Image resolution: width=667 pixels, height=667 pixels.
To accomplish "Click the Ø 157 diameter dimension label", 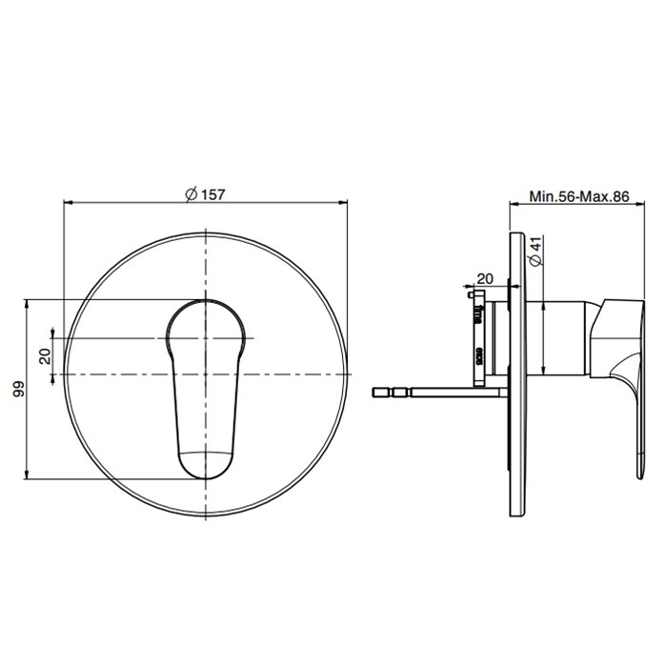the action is (205, 194).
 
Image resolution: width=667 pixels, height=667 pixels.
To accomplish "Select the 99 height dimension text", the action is (19, 389).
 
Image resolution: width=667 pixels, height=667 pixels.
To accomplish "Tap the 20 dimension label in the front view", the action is (45, 355).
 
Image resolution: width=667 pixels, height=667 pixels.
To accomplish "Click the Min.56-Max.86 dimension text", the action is (579, 196).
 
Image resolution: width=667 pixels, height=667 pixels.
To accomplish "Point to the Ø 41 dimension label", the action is (536, 251).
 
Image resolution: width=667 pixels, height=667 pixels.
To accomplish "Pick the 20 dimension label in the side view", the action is (484, 279).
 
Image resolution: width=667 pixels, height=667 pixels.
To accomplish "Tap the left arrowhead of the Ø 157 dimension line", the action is (68, 203).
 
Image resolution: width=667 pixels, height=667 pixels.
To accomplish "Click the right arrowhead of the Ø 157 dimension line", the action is (343, 203).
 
